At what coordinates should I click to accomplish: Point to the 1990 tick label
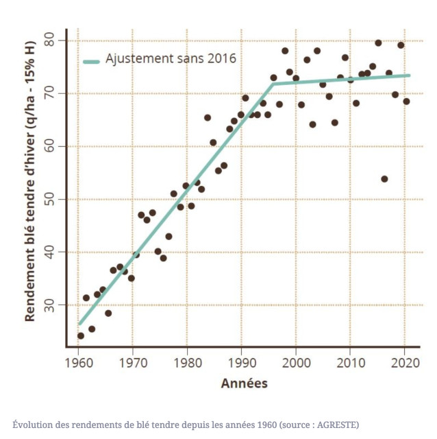[x=241, y=361]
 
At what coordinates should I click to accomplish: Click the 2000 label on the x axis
[x=295, y=361]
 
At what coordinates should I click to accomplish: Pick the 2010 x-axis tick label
[x=350, y=361]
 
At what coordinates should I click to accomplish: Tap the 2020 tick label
[x=404, y=361]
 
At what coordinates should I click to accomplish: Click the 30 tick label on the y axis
[x=53, y=305]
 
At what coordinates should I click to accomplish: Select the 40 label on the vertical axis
[x=53, y=252]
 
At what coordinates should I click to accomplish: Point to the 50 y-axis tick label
[x=53, y=199]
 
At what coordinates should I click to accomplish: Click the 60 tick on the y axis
[x=53, y=146]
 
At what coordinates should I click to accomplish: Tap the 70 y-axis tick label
[x=53, y=93]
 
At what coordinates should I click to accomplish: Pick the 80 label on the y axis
[x=53, y=40]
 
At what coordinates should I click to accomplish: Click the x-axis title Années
[x=244, y=383]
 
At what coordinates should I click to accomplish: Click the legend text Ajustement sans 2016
[x=171, y=59]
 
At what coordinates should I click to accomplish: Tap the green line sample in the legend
[x=91, y=60]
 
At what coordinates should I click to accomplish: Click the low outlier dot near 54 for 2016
[x=384, y=179]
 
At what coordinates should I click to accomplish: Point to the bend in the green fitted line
[x=272, y=84]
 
